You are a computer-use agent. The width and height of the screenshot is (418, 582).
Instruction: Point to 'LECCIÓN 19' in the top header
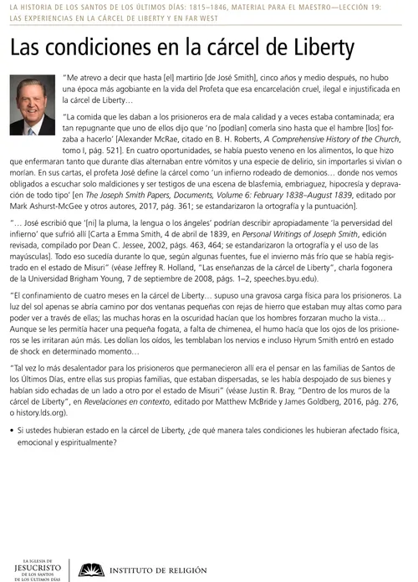pos(390,7)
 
